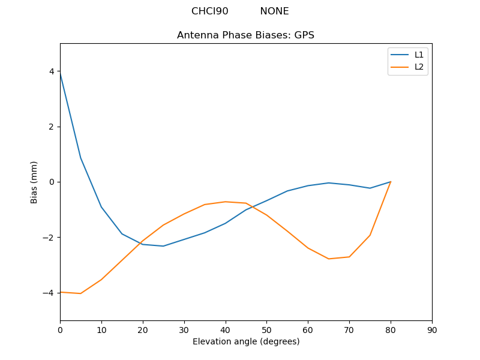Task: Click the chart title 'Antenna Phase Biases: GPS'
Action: pos(245,35)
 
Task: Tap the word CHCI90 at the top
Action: pos(209,11)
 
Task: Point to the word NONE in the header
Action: pos(274,11)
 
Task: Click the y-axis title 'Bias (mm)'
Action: pos(34,182)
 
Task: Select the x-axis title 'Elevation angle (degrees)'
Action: pos(246,341)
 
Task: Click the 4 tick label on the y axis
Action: pos(52,71)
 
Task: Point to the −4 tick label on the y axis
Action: pos(49,293)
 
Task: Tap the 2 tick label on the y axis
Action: pos(52,127)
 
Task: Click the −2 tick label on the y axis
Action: pos(49,238)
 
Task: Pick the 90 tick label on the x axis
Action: pos(432,330)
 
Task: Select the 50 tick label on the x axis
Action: pos(266,330)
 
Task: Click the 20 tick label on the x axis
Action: pos(143,330)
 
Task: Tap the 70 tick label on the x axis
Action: pos(349,330)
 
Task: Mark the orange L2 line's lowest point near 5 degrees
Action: pos(80,293)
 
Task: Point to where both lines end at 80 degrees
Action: pos(391,182)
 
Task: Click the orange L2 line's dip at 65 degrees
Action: pos(329,259)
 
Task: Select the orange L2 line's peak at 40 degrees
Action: pos(226,202)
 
